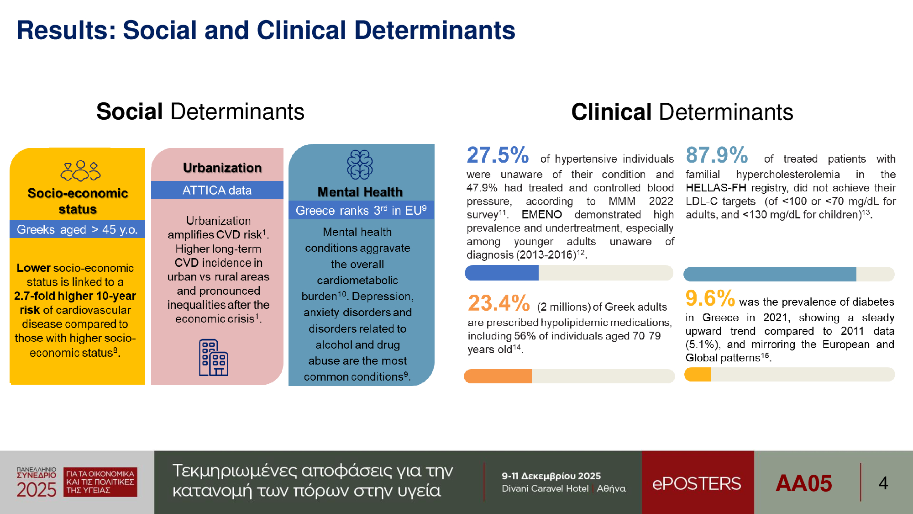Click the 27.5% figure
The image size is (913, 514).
tap(497, 155)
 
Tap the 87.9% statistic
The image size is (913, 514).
tap(717, 155)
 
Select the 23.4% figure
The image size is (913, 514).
tap(498, 303)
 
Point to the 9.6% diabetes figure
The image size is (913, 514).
tap(710, 299)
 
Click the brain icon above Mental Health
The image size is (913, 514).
tap(360, 165)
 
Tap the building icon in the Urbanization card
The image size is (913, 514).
tap(213, 358)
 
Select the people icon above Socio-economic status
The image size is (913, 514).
tap(80, 171)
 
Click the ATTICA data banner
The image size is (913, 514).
tap(217, 190)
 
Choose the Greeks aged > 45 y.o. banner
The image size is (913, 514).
tap(77, 229)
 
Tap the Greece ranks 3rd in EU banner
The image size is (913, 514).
tap(361, 210)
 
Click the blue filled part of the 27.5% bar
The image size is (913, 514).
tap(502, 273)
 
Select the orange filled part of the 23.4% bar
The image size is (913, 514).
tap(498, 376)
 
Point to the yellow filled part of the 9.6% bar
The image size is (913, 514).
tap(698, 375)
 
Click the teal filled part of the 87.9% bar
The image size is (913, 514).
tap(770, 274)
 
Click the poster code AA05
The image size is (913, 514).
tap(803, 483)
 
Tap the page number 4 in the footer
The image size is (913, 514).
tap(883, 483)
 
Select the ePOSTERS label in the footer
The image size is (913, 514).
tap(697, 483)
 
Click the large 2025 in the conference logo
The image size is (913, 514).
tap(37, 490)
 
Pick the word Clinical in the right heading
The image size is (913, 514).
tap(611, 112)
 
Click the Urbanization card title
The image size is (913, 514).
tap(222, 168)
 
